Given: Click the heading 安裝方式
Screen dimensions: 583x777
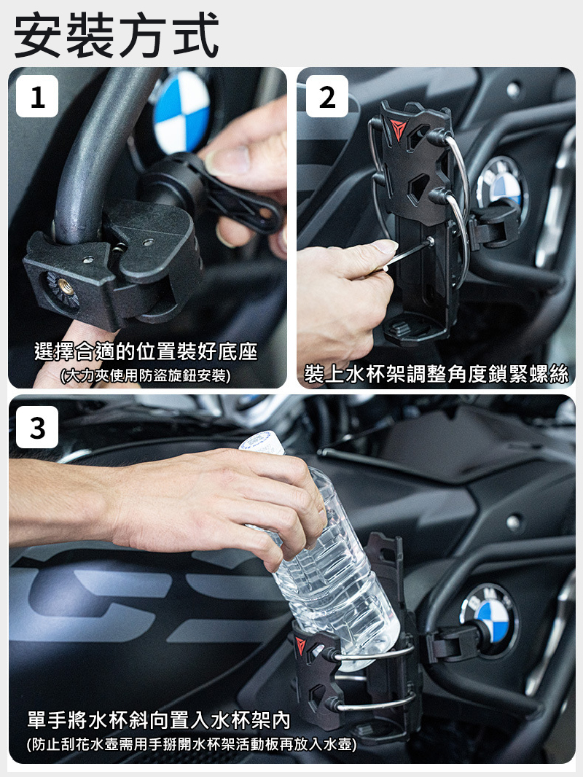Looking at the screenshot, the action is [117, 35].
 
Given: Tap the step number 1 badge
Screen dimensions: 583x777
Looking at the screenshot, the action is [37, 96].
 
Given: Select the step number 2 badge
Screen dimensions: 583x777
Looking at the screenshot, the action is [327, 96].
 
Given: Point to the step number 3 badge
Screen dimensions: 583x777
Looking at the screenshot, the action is [37, 427].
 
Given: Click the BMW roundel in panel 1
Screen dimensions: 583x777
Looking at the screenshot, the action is [181, 112].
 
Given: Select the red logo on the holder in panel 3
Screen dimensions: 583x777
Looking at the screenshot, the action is [301, 647].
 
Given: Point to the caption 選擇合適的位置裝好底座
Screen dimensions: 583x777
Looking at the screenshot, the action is [146, 351].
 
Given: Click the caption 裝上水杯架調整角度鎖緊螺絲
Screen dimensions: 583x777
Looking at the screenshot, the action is [437, 374].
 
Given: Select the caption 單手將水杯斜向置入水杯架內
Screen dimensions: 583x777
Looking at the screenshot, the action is [159, 720].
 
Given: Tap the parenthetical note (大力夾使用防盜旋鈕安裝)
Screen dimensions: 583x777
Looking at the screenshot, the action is [145, 375].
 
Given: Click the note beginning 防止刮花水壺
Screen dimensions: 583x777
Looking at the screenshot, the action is [191, 744].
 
